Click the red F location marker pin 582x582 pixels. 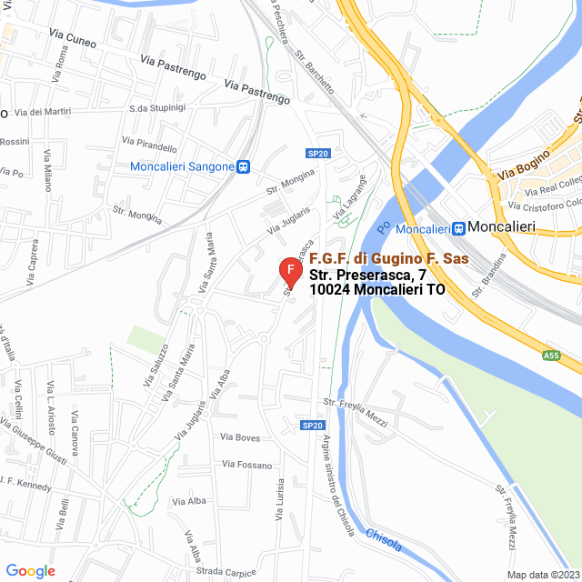(289, 271)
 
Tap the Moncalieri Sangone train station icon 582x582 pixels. (244, 166)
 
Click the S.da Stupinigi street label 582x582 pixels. (157, 108)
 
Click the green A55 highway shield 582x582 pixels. (550, 356)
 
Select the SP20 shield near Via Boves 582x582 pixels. (313, 426)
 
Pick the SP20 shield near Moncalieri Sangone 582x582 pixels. (316, 154)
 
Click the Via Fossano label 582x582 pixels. (246, 465)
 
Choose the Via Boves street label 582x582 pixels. (240, 437)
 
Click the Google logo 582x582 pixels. (30, 571)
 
